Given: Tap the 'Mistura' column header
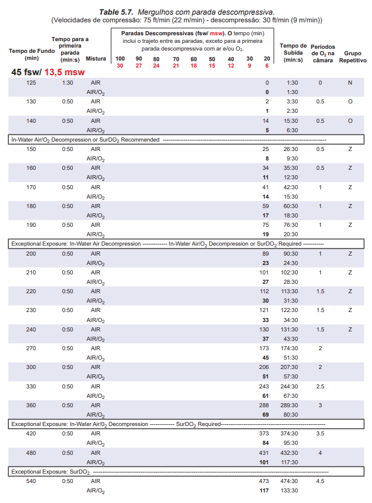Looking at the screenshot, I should (x=96, y=59).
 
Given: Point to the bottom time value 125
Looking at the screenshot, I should (x=31, y=83).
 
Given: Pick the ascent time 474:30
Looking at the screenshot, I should (x=292, y=481).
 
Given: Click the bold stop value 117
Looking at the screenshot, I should (x=264, y=490).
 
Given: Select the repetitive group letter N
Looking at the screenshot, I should (x=350, y=83).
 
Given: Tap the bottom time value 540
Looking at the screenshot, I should (x=31, y=481).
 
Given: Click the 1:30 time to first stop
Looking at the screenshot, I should (x=68, y=83).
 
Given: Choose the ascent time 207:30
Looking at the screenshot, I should (x=292, y=367).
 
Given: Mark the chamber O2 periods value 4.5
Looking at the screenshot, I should (x=320, y=481).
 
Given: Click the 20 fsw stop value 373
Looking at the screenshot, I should (x=264, y=434).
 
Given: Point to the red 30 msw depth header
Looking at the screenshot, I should (x=120, y=65).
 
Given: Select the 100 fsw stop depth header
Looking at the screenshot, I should (x=120, y=59).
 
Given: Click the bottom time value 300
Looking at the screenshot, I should (x=31, y=367).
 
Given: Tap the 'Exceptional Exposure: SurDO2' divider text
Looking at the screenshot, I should (x=50, y=471).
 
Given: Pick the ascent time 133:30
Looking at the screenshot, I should (x=292, y=490).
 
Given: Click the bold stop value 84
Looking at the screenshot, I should (x=266, y=443).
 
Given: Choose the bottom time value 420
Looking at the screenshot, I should (x=31, y=434).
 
